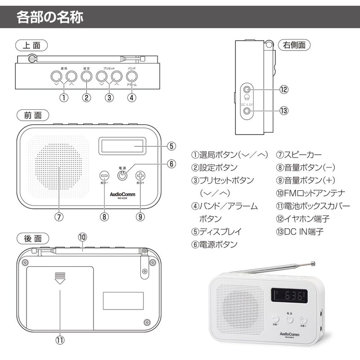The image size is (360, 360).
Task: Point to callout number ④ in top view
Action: click(131, 97)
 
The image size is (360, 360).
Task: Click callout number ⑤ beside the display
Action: click(171, 146)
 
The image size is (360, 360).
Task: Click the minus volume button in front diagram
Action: click(104, 176)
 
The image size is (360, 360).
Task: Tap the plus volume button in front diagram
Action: click(140, 176)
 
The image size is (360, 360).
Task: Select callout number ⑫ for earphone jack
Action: click(283, 90)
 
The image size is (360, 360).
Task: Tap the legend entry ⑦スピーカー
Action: click(299, 155)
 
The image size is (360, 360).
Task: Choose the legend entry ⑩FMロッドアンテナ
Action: click(310, 193)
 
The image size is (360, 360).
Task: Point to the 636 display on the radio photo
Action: click(289, 297)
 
